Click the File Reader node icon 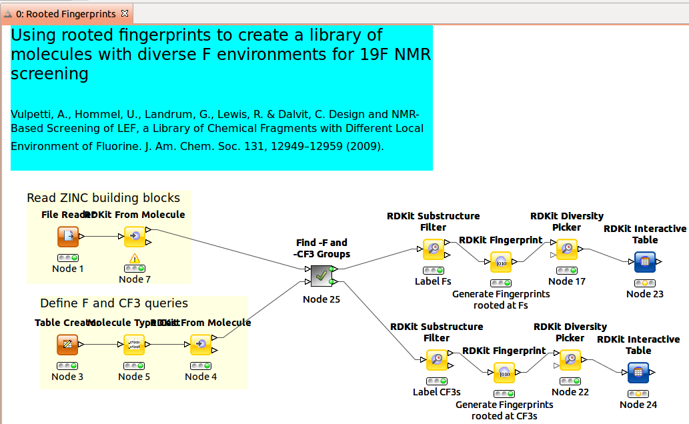tap(67, 237)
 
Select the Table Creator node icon tap(67, 345)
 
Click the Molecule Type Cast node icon tap(134, 345)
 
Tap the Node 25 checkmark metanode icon tap(321, 275)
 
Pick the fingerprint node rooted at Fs tap(501, 263)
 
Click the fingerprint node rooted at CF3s tap(504, 373)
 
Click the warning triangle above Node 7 tap(135, 258)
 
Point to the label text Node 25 tap(321, 299)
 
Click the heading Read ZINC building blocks tap(103, 198)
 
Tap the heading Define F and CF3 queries tap(114, 303)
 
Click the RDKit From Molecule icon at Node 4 tap(201, 345)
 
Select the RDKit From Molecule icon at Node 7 tap(135, 237)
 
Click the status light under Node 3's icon tap(67, 366)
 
